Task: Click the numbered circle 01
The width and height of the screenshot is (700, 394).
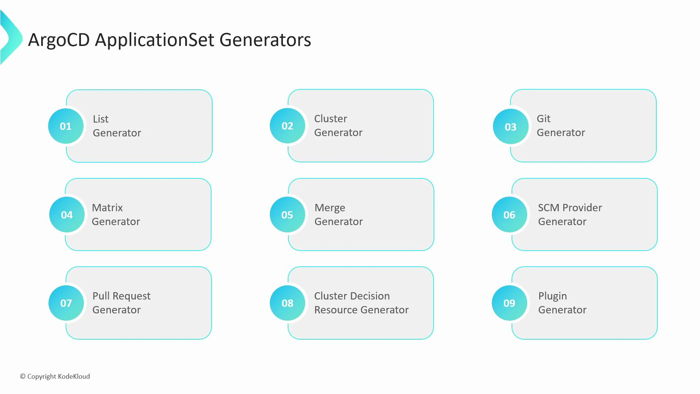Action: tap(66, 126)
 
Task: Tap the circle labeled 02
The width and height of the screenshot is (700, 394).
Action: tap(287, 126)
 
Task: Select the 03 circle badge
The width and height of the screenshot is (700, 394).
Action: tap(510, 127)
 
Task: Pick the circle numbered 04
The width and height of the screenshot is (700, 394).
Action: tap(67, 215)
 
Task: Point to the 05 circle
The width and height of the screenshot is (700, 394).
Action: tap(287, 215)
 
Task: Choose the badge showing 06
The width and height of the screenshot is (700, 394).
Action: tap(509, 215)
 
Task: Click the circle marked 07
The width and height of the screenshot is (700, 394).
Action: tap(66, 303)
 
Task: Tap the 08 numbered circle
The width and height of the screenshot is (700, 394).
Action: tap(287, 303)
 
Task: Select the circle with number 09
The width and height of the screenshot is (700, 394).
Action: tap(509, 303)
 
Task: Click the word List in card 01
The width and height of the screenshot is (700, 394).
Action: tap(101, 119)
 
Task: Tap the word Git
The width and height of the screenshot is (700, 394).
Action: tap(543, 119)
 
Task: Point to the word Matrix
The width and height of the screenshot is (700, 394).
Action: tap(107, 208)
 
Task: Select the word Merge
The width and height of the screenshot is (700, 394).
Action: tap(330, 208)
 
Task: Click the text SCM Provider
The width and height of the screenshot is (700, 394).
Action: tap(570, 208)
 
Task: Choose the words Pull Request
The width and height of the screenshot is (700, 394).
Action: tap(121, 296)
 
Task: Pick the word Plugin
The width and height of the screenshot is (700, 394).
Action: tap(552, 296)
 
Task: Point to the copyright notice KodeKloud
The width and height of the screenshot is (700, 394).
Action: tap(55, 376)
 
